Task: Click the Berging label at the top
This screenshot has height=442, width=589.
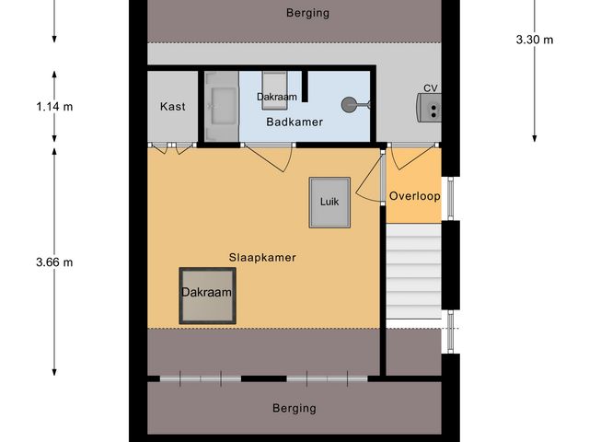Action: pos(307,13)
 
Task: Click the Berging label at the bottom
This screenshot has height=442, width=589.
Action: pos(294,408)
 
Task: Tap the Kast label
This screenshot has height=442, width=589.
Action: pos(172,107)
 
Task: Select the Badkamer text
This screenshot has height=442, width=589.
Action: pos(294,122)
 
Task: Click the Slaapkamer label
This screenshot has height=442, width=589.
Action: pos(262,258)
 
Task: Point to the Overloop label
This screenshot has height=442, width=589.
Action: pos(414,196)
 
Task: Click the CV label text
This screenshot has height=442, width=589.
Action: pos(430,88)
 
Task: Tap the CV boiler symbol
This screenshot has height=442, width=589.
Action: pos(430,109)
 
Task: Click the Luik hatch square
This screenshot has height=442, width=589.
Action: pos(329,202)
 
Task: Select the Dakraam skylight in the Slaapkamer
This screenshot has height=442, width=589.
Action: pos(206,295)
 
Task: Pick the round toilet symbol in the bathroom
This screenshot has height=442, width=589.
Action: pos(352,105)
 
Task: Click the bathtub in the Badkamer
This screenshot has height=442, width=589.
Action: pos(222,106)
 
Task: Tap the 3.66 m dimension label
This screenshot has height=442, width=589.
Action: pos(54,262)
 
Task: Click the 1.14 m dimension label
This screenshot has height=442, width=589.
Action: pos(54,107)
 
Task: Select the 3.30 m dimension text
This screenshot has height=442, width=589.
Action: pos(535,40)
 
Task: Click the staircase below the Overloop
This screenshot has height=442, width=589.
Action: pos(413,276)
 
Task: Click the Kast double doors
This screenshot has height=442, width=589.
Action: pos(172,147)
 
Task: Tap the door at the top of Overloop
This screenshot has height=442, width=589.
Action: pos(406,157)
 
